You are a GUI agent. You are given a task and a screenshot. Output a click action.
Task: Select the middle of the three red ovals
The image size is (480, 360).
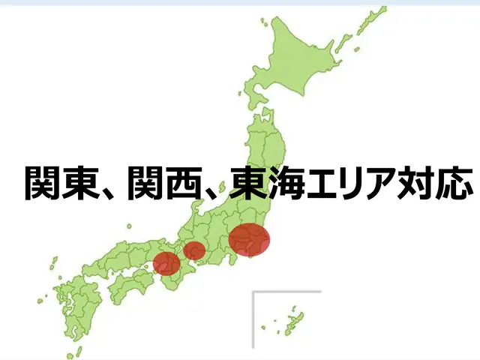(194, 250)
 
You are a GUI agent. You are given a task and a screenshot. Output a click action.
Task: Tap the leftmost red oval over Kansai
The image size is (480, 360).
(166, 263)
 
